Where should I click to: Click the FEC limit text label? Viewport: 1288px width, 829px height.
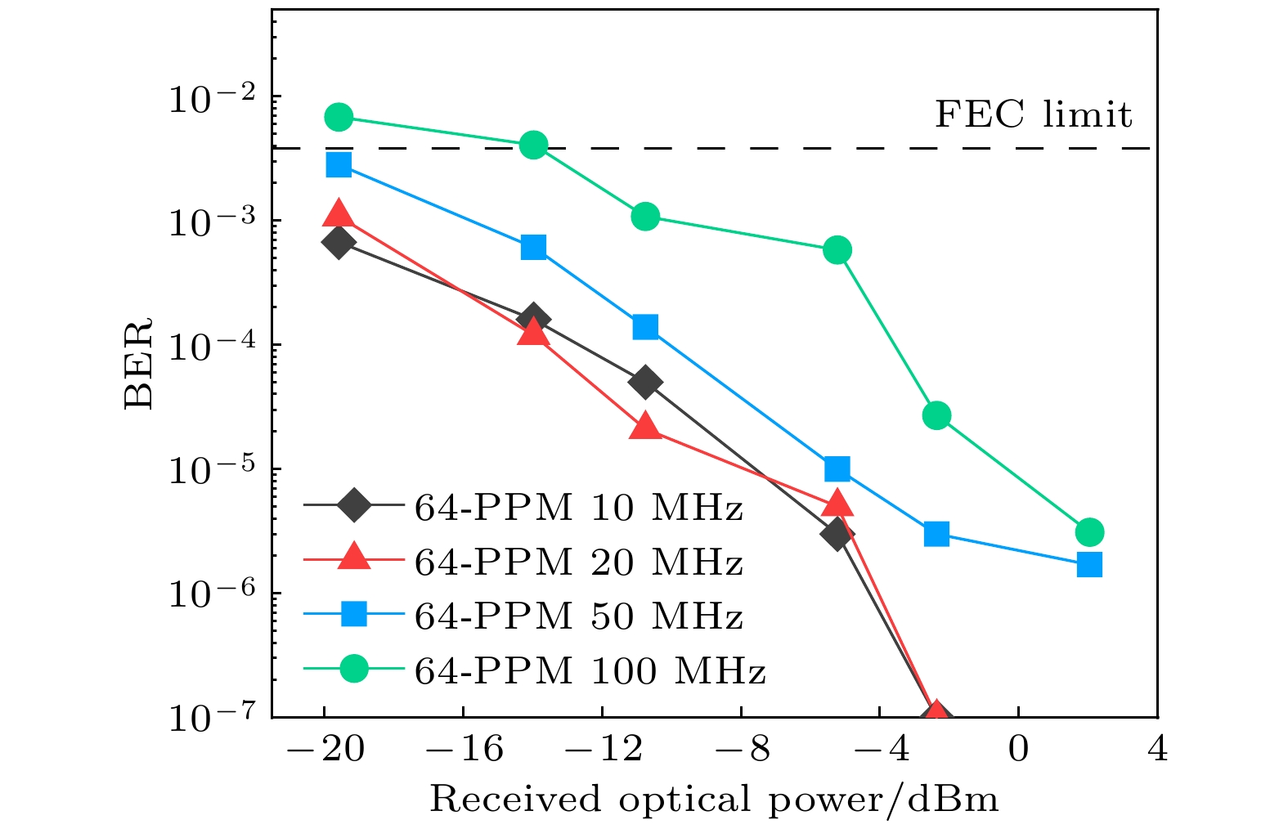(1033, 114)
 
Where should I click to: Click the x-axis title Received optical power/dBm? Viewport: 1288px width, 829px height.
(714, 799)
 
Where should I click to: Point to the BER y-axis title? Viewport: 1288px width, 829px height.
(139, 363)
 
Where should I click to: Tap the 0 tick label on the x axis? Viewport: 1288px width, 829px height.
(1018, 748)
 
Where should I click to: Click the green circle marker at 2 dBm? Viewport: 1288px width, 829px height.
(1089, 532)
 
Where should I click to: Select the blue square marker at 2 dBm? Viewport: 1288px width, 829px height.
(1089, 564)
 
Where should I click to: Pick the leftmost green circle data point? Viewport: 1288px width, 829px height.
(339, 117)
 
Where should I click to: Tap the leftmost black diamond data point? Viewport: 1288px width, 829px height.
(339, 242)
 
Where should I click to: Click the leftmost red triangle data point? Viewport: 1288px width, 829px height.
(339, 215)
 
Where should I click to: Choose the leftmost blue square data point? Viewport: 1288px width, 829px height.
(339, 164)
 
